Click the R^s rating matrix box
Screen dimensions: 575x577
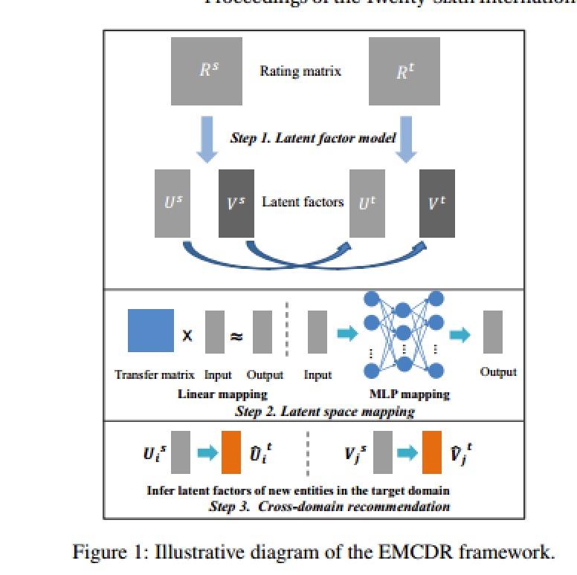pyautogui.click(x=207, y=71)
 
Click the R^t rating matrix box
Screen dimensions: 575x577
pyautogui.click(x=404, y=71)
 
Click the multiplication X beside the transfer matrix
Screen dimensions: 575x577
pyautogui.click(x=187, y=335)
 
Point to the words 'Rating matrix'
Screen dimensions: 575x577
pyautogui.click(x=300, y=71)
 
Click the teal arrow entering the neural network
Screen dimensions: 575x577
pyautogui.click(x=347, y=334)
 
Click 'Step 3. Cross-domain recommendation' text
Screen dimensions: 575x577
pyautogui.click(x=330, y=507)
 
